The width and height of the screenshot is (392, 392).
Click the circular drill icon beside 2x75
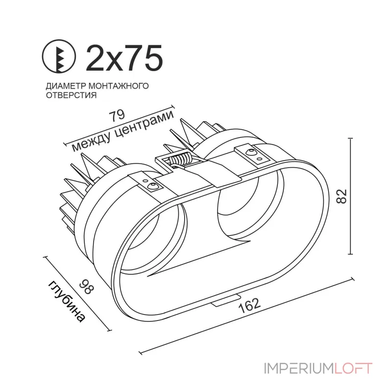59,56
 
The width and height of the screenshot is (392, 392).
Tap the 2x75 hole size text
124,58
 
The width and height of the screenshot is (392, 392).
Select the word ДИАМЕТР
66,86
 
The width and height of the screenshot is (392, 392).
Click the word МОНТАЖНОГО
119,86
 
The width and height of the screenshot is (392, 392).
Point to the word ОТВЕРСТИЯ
71,95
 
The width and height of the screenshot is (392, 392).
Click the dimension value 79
117,115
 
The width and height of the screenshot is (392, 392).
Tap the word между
91,143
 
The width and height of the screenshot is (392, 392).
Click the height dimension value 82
342,196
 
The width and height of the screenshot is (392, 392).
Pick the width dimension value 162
250,305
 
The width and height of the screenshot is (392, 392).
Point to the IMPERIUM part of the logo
299,368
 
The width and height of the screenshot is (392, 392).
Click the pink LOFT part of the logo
353,368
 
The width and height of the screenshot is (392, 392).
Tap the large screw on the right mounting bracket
250,152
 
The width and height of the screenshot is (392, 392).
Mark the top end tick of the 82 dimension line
351,138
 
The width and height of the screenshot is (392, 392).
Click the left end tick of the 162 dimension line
141,353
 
